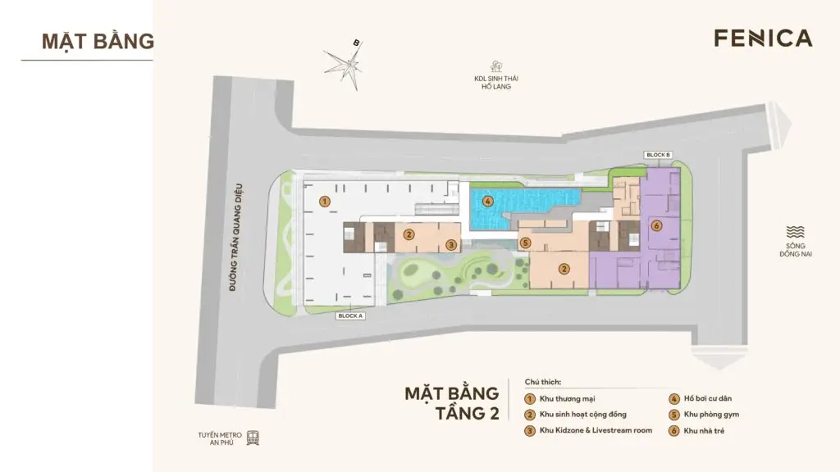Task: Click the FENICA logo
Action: point(762,39)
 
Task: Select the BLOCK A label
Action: point(350,315)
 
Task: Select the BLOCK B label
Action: point(658,155)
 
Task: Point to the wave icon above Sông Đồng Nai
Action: point(795,232)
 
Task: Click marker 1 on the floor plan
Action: point(325,201)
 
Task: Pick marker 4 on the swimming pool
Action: point(487,201)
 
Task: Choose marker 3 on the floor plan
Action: point(451,244)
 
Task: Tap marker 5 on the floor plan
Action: point(525,243)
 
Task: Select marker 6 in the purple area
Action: point(655,225)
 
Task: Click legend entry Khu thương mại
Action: point(561,399)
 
